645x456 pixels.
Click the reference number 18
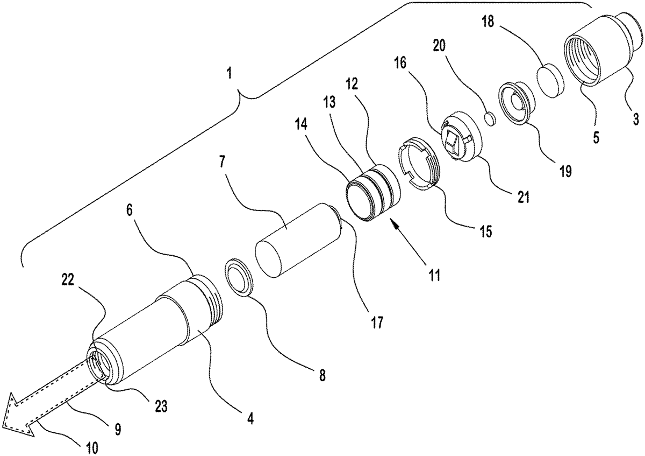(x=488, y=22)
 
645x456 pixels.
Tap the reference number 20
(x=439, y=46)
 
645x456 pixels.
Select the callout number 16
(x=400, y=63)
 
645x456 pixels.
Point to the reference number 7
(x=221, y=162)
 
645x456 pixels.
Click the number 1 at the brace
(x=229, y=73)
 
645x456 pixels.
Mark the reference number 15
(x=485, y=231)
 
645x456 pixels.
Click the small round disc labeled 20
(x=491, y=119)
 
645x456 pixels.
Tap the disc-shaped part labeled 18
(x=550, y=80)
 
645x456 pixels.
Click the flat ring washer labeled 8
(x=239, y=277)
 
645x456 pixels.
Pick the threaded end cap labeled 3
(x=602, y=50)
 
